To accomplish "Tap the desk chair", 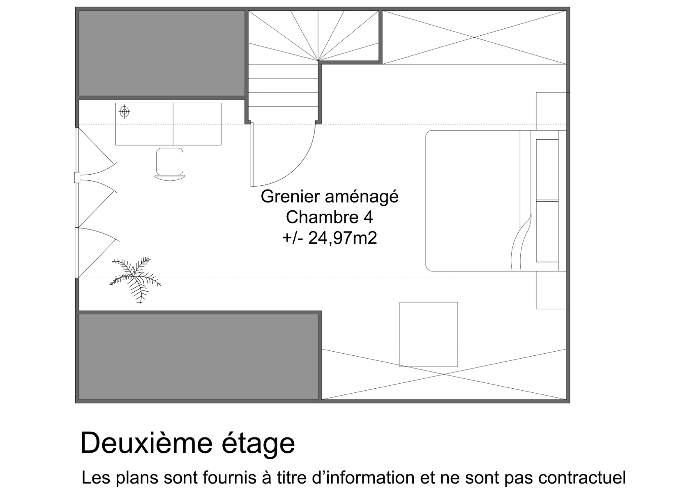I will pyautogui.click(x=170, y=164).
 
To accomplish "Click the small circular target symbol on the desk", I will pyautogui.click(x=124, y=112).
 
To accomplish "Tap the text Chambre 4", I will pyautogui.click(x=329, y=217).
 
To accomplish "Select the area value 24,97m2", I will pyautogui.click(x=342, y=238).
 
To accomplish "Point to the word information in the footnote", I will pyautogui.click(x=370, y=478).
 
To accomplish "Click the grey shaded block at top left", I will pyautogui.click(x=161, y=53).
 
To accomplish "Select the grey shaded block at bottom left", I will pyautogui.click(x=198, y=357).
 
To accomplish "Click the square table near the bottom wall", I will pyautogui.click(x=429, y=334).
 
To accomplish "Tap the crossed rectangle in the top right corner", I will pyautogui.click(x=474, y=37).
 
